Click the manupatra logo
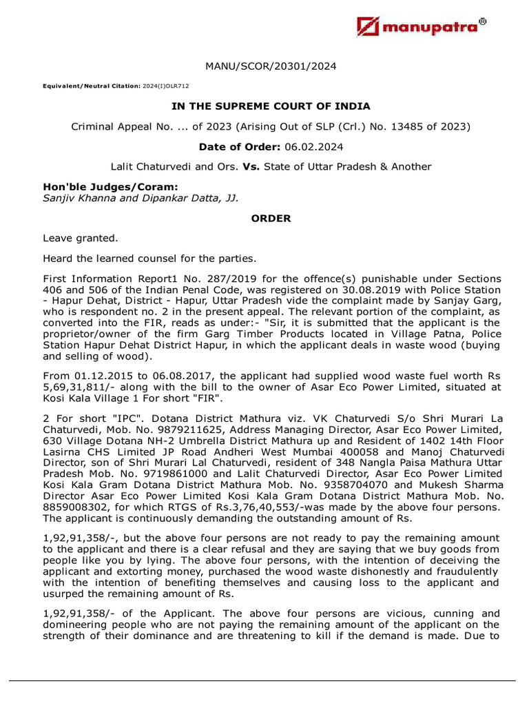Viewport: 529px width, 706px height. [x=422, y=27]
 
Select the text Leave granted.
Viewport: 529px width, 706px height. [x=81, y=239]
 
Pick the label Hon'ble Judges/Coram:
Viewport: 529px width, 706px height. [x=101, y=187]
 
